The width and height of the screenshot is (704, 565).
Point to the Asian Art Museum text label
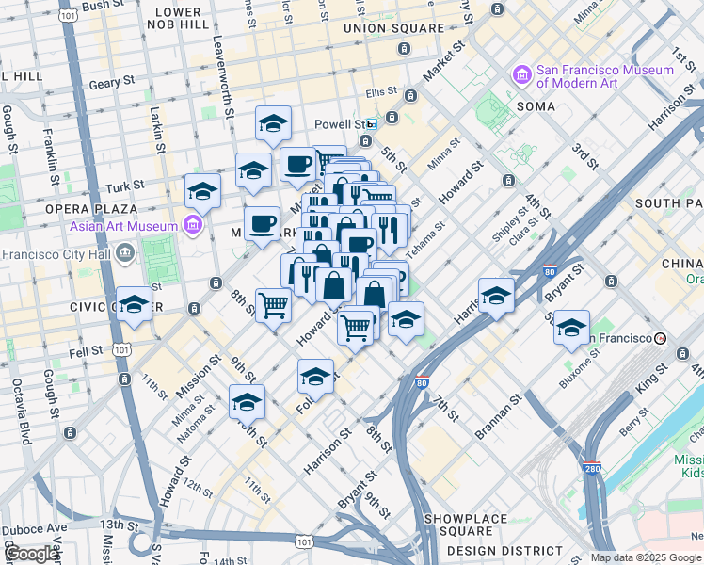click(123, 226)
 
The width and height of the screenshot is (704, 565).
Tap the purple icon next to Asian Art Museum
click(194, 225)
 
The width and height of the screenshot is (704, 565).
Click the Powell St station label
click(344, 124)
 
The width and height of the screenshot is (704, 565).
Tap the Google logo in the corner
click(32, 554)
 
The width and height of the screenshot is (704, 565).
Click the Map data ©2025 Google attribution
click(646, 557)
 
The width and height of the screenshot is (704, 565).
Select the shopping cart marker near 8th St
click(273, 304)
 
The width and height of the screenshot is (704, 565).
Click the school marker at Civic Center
click(135, 304)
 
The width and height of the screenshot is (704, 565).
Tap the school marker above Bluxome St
click(571, 328)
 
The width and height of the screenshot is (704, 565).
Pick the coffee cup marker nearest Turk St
click(298, 165)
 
